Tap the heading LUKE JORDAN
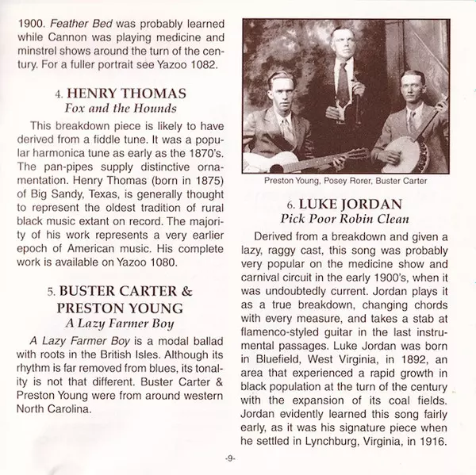(x=351, y=203)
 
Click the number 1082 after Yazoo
(x=199, y=64)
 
